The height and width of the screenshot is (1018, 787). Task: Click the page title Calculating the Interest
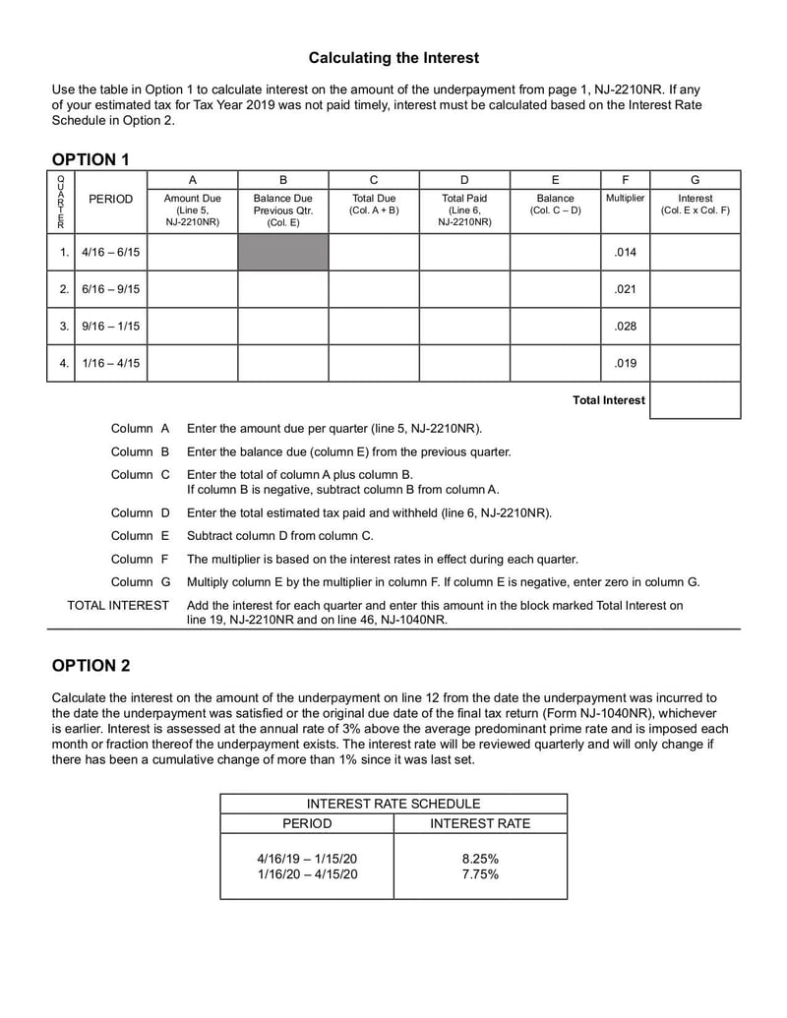393,58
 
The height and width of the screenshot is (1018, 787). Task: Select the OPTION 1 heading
91,159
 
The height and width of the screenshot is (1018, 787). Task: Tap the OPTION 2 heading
91,666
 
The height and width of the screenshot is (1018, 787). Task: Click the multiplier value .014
625,252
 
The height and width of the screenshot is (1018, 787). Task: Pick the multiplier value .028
625,326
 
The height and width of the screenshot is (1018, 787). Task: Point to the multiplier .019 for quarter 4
625,363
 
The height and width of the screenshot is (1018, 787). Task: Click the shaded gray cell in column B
282,252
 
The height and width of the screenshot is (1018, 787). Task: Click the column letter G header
695,180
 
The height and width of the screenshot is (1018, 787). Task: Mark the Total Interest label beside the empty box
609,400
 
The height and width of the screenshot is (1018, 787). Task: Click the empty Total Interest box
695,400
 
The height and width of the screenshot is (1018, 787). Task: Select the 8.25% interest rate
480,859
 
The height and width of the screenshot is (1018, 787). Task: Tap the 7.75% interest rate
480,874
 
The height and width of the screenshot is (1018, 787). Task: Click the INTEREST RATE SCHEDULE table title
393,804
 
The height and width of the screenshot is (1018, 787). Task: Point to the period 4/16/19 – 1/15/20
307,859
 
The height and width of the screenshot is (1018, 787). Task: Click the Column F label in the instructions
140,559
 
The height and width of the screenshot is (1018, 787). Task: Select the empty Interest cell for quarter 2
695,289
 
